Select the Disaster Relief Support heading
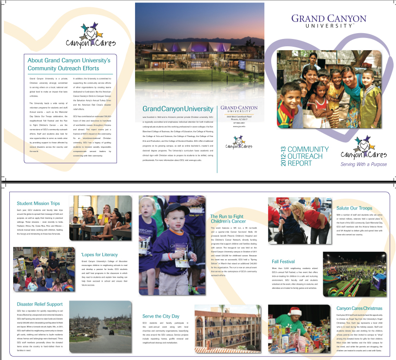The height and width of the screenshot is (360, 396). tap(40, 304)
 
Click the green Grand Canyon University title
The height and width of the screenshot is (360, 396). tap(178, 109)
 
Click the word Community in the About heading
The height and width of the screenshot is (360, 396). tap(42, 68)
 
